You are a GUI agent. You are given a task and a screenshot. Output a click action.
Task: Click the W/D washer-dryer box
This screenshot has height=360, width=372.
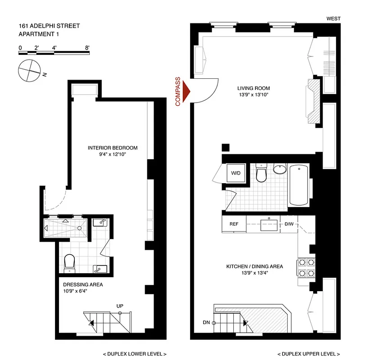tap(235, 173)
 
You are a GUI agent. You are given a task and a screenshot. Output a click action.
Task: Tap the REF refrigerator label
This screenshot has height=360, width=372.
tap(234, 224)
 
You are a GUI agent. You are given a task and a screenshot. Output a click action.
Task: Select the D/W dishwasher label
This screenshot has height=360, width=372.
tap(288, 224)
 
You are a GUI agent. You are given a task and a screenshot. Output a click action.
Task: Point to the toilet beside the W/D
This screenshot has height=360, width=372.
tap(262, 174)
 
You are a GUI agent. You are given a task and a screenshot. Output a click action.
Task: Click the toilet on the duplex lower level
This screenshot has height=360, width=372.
tap(69, 263)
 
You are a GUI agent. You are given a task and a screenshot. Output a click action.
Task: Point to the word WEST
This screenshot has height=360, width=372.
tap(334, 18)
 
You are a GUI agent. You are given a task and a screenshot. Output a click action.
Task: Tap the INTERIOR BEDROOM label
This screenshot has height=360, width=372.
tap(113, 148)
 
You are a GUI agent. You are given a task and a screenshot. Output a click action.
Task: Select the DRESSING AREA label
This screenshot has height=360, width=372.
tap(83, 284)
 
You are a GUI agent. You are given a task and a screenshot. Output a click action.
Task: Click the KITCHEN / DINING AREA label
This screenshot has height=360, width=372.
tap(254, 266)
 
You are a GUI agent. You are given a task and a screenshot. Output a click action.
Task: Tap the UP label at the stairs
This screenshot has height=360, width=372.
tap(120, 306)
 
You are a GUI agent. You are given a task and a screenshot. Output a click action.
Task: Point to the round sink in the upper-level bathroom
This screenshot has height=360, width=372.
tap(279, 169)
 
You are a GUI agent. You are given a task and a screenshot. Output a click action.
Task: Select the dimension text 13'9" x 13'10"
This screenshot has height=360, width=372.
tap(254, 95)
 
